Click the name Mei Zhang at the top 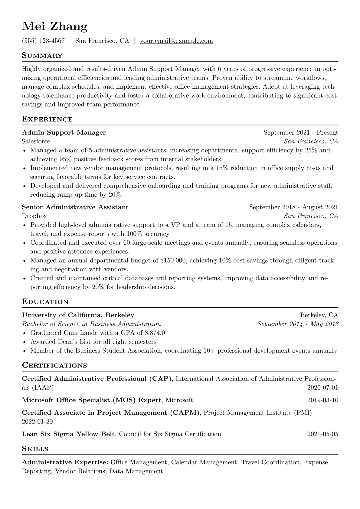click(x=55, y=27)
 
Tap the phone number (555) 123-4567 click(x=43, y=41)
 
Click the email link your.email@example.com click(x=176, y=41)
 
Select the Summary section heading click(x=42, y=56)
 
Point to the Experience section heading click(x=47, y=119)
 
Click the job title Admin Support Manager click(x=64, y=132)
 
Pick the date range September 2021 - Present click(x=301, y=132)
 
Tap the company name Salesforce click(x=36, y=141)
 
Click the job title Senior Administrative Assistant click(x=75, y=207)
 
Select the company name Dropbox click(x=34, y=216)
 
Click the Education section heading click(x=45, y=302)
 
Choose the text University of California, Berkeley click(x=78, y=315)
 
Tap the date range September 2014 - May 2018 click(x=298, y=324)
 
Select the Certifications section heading click(x=54, y=365)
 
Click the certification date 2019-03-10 click(x=322, y=400)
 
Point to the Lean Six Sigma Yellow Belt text click(x=68, y=434)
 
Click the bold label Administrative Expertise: click(x=65, y=462)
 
